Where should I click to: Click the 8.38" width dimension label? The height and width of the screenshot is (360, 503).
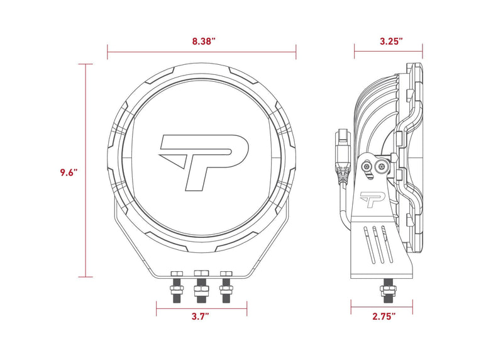202,41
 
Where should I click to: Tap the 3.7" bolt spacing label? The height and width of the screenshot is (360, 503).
201,317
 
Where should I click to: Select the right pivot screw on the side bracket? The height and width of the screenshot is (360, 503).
381,167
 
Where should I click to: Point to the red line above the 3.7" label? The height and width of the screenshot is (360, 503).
201,307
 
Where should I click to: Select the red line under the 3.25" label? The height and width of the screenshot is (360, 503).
388,52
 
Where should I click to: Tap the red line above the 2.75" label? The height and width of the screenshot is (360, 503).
382,307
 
